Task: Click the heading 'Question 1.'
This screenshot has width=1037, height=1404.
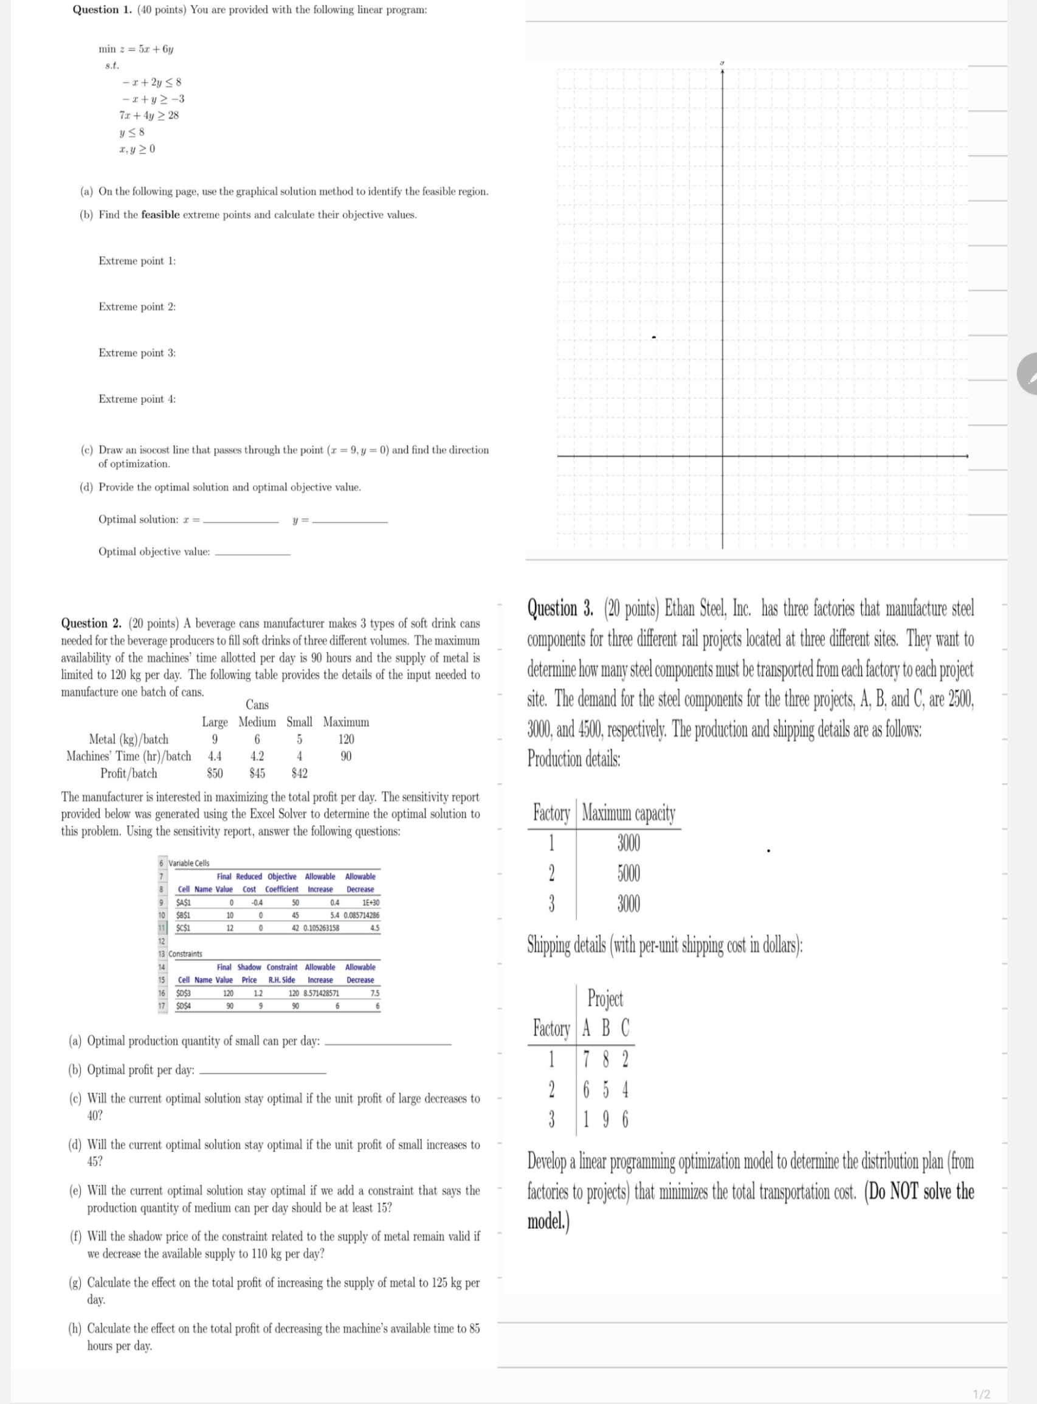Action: click(x=95, y=9)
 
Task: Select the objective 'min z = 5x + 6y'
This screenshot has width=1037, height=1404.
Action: click(x=136, y=49)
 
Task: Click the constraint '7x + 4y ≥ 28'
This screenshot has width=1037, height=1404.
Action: click(x=149, y=116)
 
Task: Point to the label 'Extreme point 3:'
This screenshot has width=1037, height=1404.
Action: click(x=137, y=353)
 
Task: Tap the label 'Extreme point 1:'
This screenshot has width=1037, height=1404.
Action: click(x=137, y=261)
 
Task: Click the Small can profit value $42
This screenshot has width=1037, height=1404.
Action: click(x=300, y=773)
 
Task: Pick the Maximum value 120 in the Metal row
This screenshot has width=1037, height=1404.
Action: click(x=346, y=739)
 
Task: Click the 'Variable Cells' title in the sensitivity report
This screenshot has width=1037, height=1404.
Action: click(x=189, y=863)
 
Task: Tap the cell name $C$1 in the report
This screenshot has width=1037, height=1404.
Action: click(x=184, y=928)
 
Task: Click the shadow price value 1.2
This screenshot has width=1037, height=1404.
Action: click(x=257, y=994)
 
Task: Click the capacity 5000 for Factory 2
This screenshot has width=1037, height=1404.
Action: click(x=629, y=873)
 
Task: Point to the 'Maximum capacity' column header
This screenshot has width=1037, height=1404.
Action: click(x=629, y=813)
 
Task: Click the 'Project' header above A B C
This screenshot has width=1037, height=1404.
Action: click(x=605, y=998)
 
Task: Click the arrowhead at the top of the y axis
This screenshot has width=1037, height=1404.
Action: click(x=723, y=70)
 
